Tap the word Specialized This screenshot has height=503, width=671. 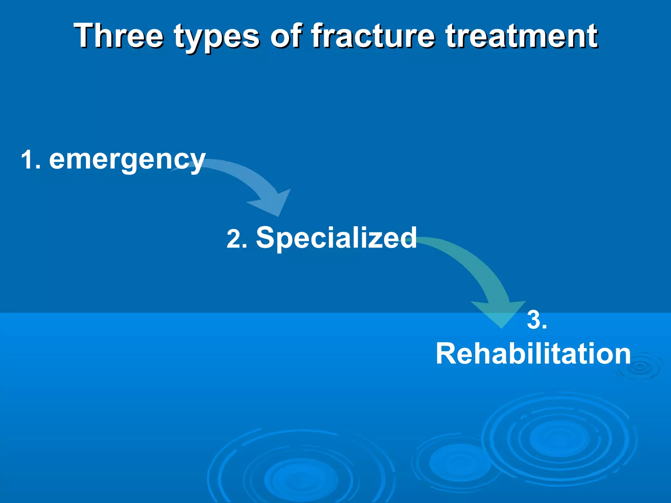pyautogui.click(x=336, y=237)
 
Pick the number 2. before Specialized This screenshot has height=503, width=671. pyautogui.click(x=237, y=239)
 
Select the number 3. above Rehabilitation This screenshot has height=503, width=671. pyautogui.click(x=537, y=320)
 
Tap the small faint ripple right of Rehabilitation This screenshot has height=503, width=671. pyautogui.click(x=639, y=367)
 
